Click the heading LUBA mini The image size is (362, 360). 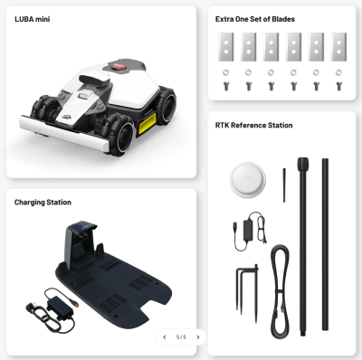tap(33, 19)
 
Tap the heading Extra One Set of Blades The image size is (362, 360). tap(255, 19)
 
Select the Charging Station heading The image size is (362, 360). tap(43, 203)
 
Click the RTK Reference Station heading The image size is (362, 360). tap(253, 125)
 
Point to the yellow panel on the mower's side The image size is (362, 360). tap(147, 123)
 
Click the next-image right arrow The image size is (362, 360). tap(198, 337)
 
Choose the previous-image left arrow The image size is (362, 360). tap(165, 337)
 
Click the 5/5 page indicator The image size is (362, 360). tap(181, 337)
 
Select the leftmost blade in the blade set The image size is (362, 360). tap(226, 47)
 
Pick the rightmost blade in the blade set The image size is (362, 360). tap(338, 47)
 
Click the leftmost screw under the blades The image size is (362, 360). tap(226, 86)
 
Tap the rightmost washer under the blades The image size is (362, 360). tap(338, 72)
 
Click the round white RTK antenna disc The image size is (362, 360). tap(248, 180)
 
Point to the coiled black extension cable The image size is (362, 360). tap(280, 291)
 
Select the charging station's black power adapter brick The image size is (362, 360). tap(59, 307)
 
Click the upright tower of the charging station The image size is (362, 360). tap(79, 242)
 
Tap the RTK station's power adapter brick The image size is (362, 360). tap(248, 230)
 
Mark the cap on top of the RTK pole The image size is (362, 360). tap(303, 164)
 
